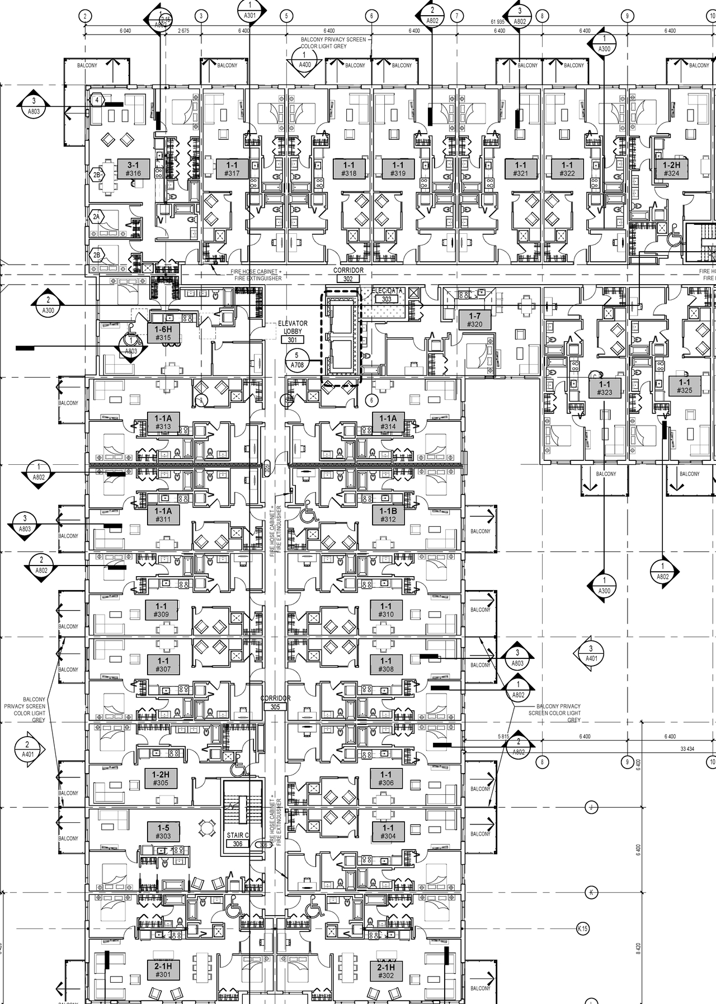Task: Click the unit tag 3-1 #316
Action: (133, 169)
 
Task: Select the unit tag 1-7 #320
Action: (474, 320)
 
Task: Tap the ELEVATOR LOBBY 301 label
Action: (293, 332)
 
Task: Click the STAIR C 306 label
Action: (238, 839)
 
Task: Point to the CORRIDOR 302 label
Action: (348, 274)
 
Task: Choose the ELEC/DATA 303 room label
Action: (387, 295)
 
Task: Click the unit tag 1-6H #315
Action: (163, 333)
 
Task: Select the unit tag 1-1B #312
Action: (388, 515)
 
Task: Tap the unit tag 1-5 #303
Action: (163, 831)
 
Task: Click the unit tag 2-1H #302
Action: (386, 971)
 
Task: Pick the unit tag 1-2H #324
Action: (671, 169)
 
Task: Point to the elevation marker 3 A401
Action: (591, 653)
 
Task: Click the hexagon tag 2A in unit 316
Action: (96, 217)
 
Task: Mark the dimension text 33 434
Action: (687, 748)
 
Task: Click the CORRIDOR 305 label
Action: (275, 703)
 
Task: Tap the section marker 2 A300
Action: (48, 305)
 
